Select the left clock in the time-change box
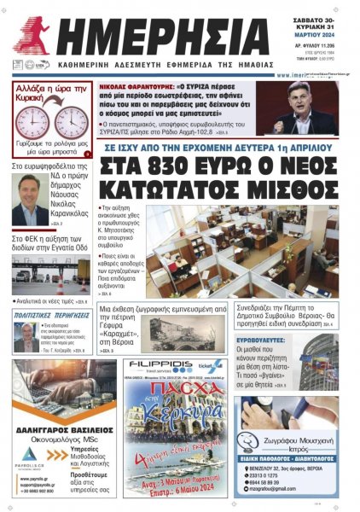(x=32, y=121)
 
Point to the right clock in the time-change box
(x=71, y=121)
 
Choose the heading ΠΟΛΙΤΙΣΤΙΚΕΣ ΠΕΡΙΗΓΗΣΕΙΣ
(x=50, y=315)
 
